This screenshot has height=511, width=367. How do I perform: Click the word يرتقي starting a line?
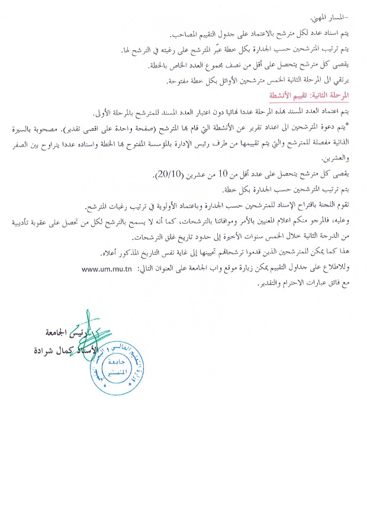(x=342, y=80)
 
